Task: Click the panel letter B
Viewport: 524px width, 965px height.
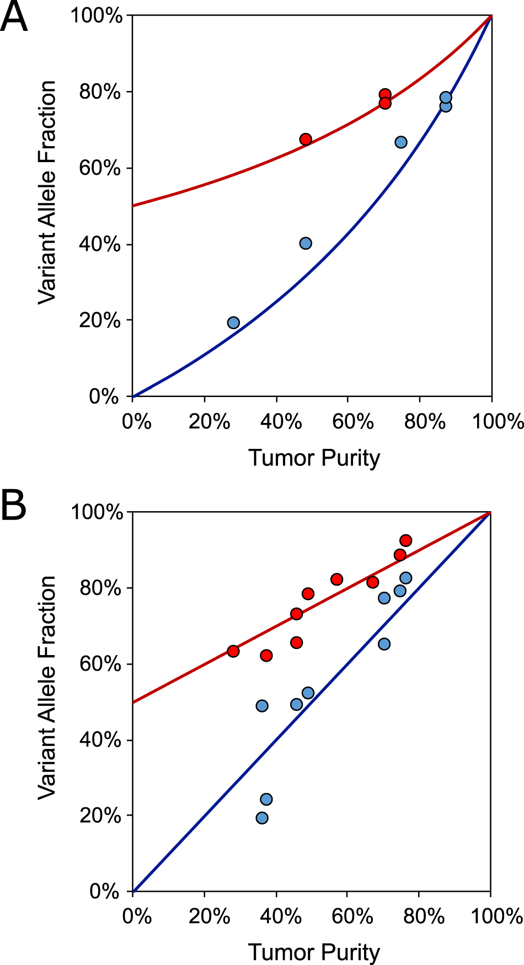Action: [x=14, y=506]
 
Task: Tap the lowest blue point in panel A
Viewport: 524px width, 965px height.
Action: [x=233, y=323]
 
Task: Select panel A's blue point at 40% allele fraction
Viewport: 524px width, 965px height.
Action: [x=306, y=243]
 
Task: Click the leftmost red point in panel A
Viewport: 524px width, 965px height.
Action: [x=306, y=139]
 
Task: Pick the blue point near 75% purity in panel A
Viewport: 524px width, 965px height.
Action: [x=401, y=142]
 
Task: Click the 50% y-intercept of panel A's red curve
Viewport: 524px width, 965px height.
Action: [x=133, y=206]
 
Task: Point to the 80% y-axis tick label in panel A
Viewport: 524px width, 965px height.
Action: [x=100, y=92]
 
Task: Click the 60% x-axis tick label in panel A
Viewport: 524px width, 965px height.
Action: [x=352, y=422]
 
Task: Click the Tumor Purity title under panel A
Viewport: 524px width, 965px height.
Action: [x=314, y=458]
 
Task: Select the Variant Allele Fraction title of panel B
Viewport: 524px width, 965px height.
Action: [x=47, y=687]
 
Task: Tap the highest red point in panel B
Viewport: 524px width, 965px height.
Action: [x=405, y=540]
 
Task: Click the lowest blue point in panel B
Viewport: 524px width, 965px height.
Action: [x=262, y=818]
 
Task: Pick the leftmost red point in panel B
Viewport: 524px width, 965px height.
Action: [x=233, y=651]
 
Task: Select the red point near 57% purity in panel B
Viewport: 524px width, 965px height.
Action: [x=336, y=579]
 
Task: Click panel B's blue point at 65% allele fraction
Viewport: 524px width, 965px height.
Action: [x=384, y=644]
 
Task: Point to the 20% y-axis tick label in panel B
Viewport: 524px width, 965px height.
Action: [x=100, y=816]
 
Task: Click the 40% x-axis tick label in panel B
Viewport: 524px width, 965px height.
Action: [x=280, y=916]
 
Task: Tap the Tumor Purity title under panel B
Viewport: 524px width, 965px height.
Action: [x=314, y=952]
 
